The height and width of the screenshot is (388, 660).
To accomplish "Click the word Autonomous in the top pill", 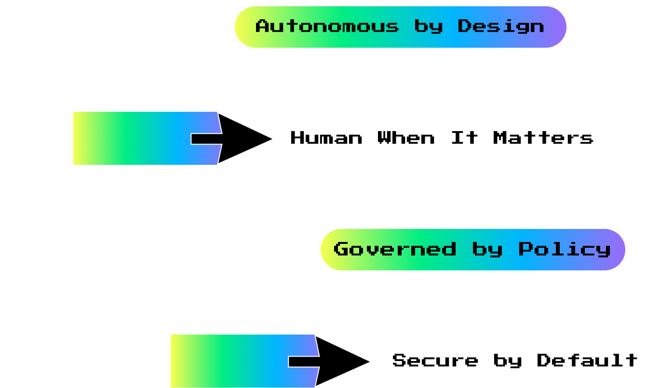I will coord(327,26).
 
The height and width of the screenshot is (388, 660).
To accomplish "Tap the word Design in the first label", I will coord(501,26).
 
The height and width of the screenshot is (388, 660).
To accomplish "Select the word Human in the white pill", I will coord(326,138).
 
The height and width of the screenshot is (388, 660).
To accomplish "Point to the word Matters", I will coord(543,138).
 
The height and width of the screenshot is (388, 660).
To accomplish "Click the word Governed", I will coord(394,249).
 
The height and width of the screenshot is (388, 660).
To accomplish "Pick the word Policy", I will coord(565,249).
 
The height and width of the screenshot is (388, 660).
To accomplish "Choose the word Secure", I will coord(435,361).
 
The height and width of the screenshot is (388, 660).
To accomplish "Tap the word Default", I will coord(587,361).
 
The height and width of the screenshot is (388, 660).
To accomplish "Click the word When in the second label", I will coord(406,138).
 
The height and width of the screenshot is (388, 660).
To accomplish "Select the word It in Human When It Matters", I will coord(464,138).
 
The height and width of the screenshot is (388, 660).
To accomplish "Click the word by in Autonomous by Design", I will coord(428,26).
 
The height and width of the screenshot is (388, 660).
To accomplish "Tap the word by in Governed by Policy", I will coord(487,249).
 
